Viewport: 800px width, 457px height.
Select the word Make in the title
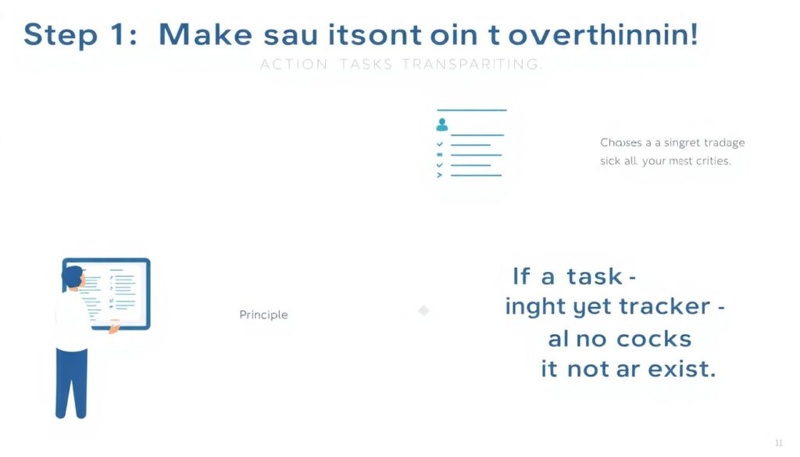point(205,36)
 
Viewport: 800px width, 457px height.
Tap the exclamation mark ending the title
point(693,35)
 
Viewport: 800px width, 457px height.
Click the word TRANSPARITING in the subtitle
point(471,65)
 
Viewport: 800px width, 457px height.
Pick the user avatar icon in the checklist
point(442,124)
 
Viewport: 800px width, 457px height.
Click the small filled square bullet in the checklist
point(440,155)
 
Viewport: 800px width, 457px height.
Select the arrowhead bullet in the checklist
point(439,175)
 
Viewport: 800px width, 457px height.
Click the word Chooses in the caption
point(620,143)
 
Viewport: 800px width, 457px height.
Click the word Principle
point(263,315)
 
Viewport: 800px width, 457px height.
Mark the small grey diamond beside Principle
point(423,311)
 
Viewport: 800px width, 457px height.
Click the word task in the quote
point(595,277)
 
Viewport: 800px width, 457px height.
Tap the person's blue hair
point(71,275)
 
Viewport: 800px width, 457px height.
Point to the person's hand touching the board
point(113,328)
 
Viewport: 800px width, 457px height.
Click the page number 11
point(778,443)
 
